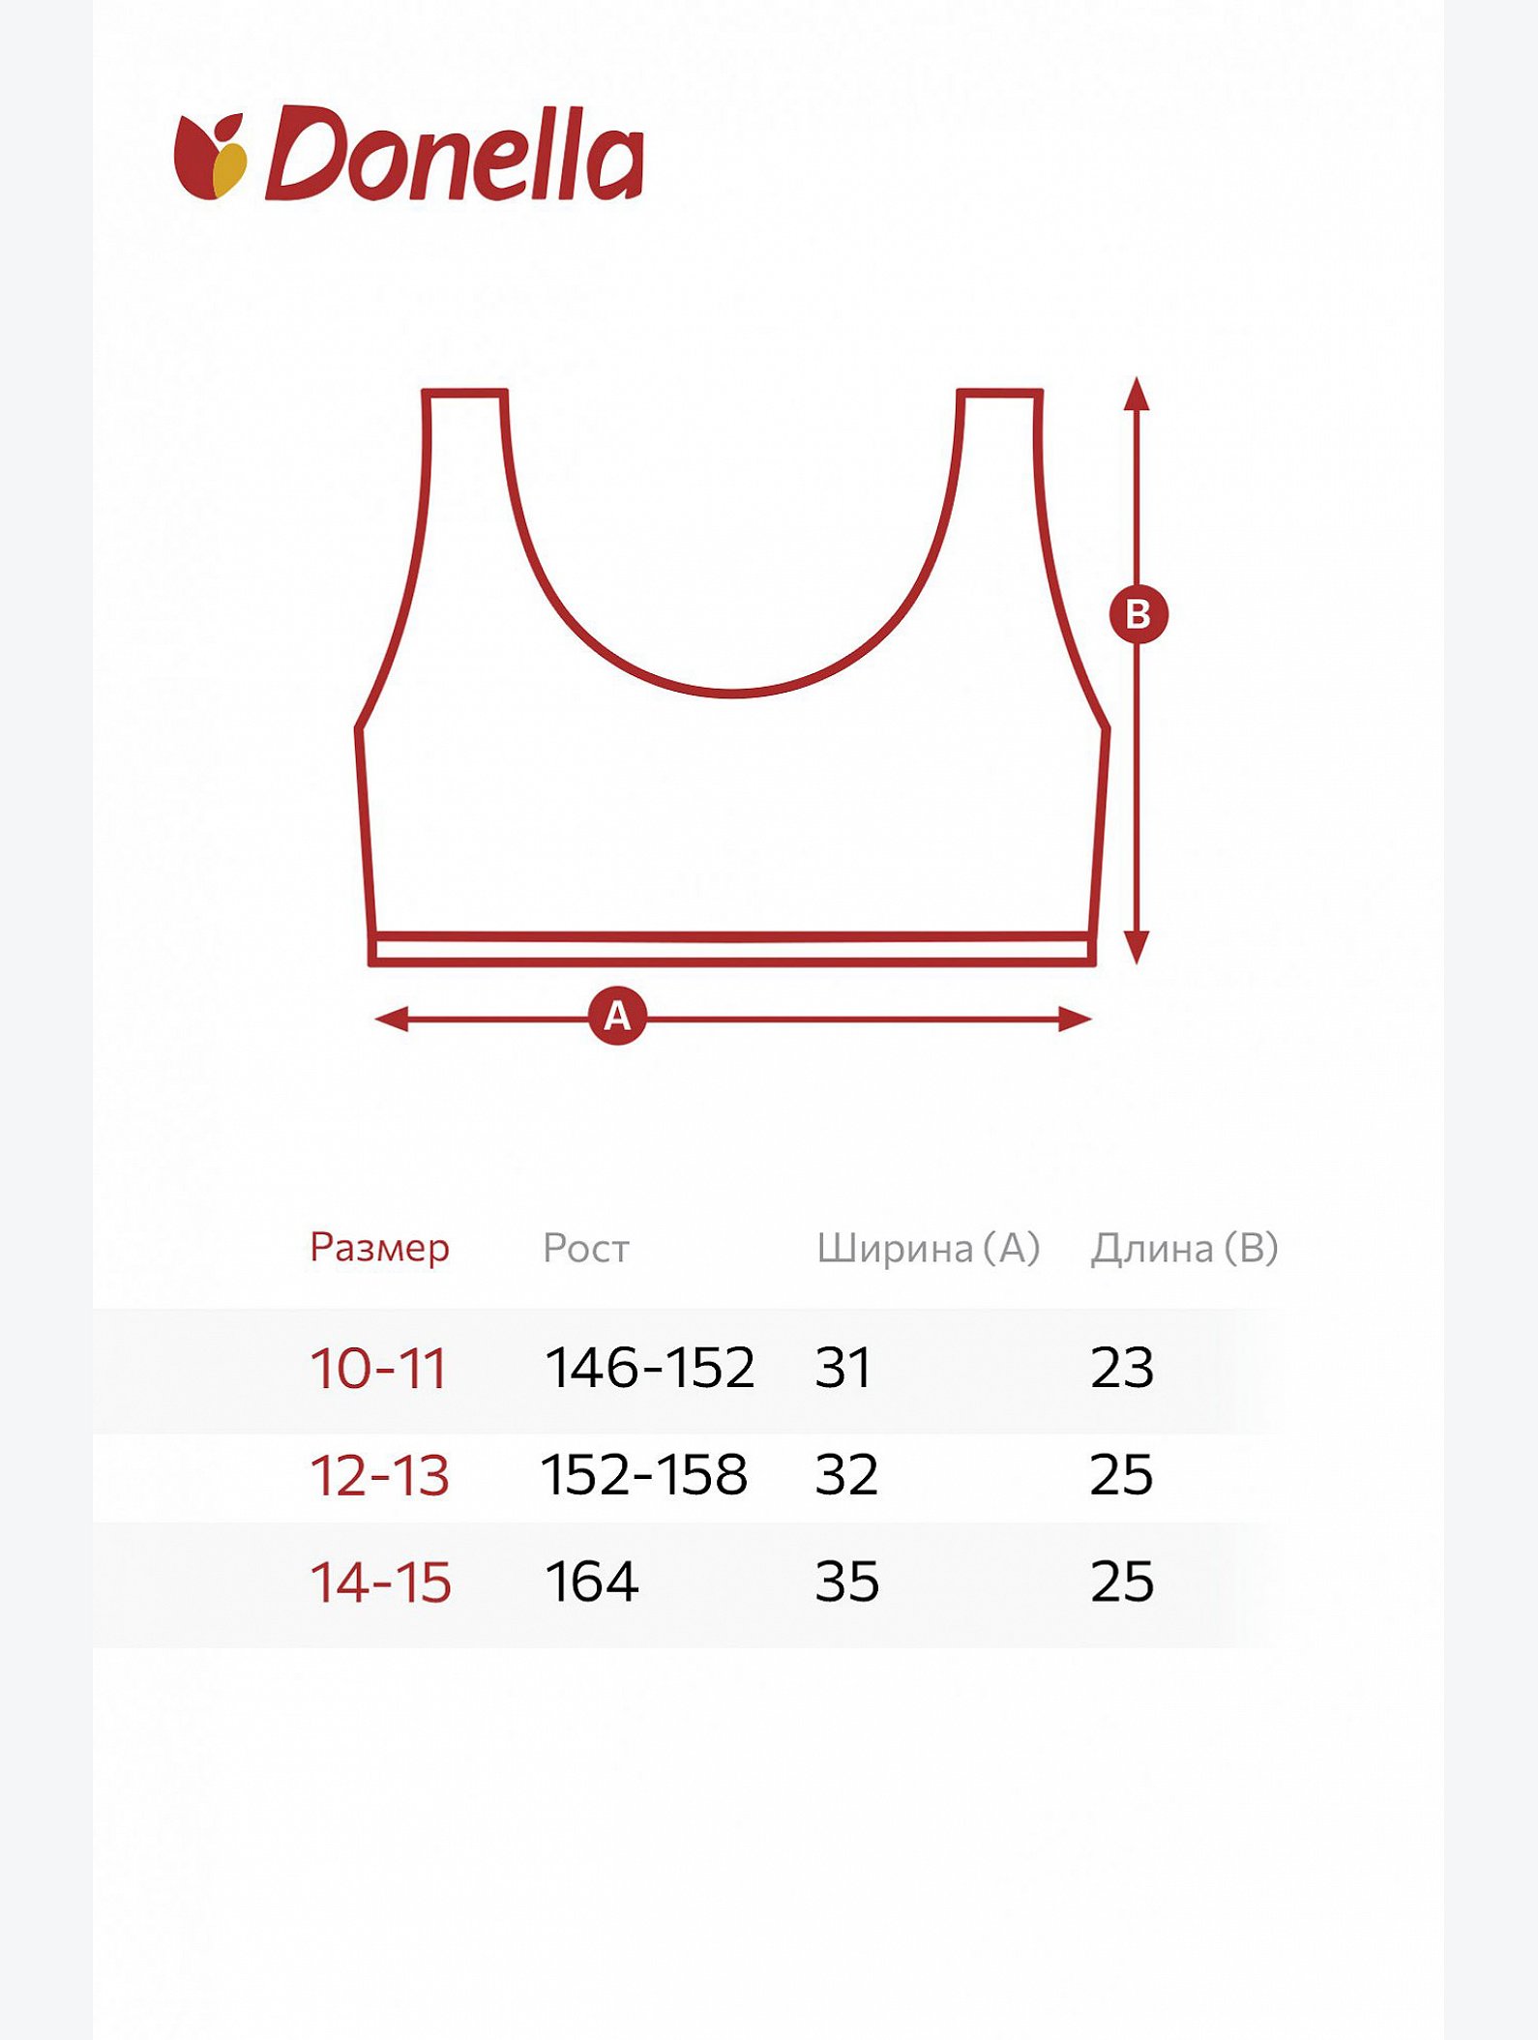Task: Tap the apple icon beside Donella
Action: (x=210, y=157)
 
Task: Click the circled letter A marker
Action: (x=617, y=1016)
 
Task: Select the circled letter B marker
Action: (x=1139, y=614)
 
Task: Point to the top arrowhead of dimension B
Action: (x=1138, y=393)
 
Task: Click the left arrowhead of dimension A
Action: (x=391, y=1019)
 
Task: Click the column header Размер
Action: (x=379, y=1249)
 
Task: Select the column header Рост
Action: (x=586, y=1249)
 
